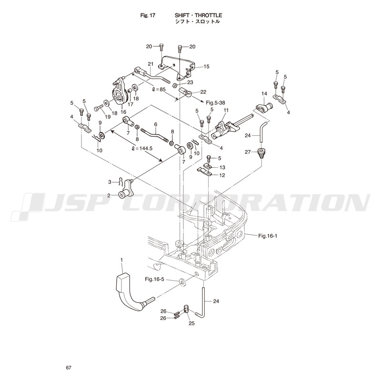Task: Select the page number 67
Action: point(69,368)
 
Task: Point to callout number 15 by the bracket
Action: point(206,67)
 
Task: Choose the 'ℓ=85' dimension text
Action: point(158,89)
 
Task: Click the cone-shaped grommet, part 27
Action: point(261,154)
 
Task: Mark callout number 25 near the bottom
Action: point(192,324)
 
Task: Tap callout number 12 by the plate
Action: point(222,175)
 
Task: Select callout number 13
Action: point(222,167)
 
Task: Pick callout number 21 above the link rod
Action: point(150,64)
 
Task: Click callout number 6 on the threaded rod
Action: point(155,124)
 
